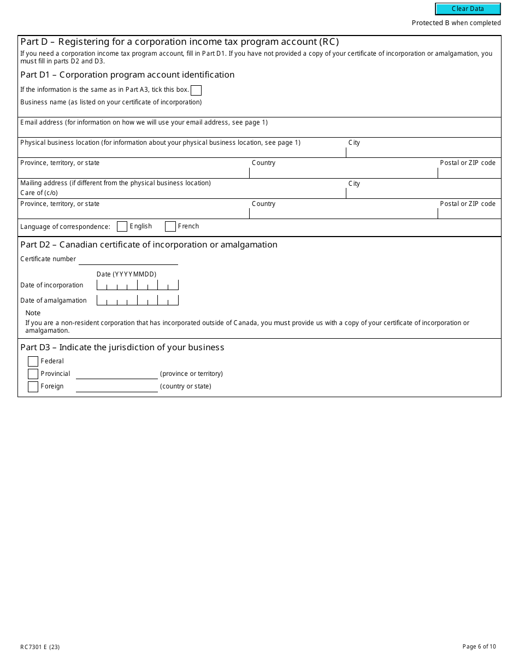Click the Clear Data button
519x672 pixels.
[x=468, y=9]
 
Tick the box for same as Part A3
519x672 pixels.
[x=196, y=90]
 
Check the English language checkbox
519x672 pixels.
[x=122, y=226]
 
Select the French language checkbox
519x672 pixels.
[x=170, y=226]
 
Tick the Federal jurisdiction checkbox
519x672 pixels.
[x=33, y=361]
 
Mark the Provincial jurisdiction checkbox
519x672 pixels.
[x=33, y=374]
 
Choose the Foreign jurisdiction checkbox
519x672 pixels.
[x=33, y=386]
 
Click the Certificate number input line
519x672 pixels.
[x=128, y=260]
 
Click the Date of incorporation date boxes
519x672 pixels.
[x=137, y=285]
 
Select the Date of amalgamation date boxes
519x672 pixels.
[x=137, y=300]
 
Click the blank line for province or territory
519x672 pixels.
[x=116, y=374]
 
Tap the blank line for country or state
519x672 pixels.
[x=116, y=387]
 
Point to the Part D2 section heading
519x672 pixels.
[x=149, y=245]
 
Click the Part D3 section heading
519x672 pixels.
[x=122, y=347]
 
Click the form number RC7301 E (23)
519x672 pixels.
[x=40, y=647]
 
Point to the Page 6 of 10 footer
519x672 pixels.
[x=479, y=647]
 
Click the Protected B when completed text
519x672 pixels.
[x=456, y=23]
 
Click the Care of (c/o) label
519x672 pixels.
[x=39, y=193]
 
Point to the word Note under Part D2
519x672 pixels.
[x=33, y=313]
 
